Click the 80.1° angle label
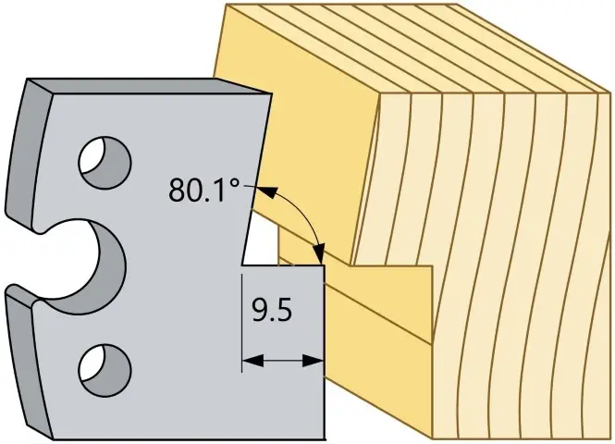point(204,190)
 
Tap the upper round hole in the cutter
point(105,162)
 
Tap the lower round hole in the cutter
point(105,369)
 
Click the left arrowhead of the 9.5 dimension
point(253,360)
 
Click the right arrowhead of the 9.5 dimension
point(313,360)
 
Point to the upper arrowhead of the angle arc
point(265,191)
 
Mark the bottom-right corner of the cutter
point(326,438)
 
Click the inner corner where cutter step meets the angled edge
point(242,265)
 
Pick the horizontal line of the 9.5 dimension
point(283,360)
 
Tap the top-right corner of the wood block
point(610,93)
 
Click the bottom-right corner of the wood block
point(610,438)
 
